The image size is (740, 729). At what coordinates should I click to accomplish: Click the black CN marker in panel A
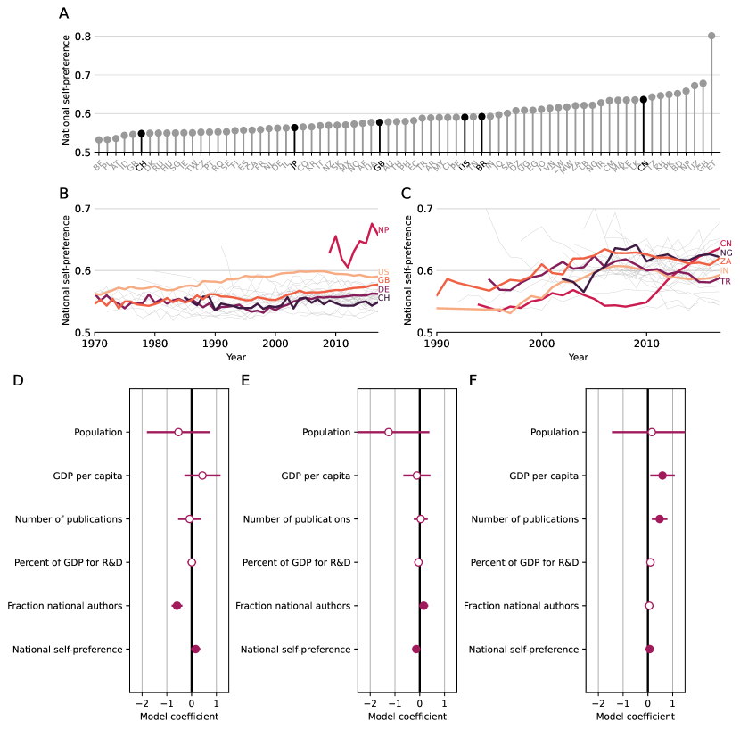pyautogui.click(x=644, y=99)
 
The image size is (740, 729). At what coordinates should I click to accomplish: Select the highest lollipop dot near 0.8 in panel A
pyautogui.click(x=711, y=37)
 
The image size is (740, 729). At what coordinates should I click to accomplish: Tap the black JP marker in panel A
pyautogui.click(x=294, y=128)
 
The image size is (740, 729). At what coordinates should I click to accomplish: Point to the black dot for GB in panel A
pyautogui.click(x=380, y=122)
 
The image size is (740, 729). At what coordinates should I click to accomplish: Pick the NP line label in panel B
pyautogui.click(x=383, y=230)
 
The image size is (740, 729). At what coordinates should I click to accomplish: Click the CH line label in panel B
pyautogui.click(x=383, y=298)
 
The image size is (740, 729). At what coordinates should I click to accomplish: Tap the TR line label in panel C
pyautogui.click(x=726, y=282)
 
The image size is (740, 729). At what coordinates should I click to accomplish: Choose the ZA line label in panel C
pyautogui.click(x=726, y=261)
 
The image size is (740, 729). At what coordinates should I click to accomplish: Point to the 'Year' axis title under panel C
pyautogui.click(x=578, y=357)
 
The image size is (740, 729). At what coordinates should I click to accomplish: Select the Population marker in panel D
pyautogui.click(x=178, y=432)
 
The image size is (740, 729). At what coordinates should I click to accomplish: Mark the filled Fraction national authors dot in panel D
pyautogui.click(x=177, y=606)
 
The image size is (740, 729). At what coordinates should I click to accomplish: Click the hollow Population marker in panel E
pyautogui.click(x=389, y=432)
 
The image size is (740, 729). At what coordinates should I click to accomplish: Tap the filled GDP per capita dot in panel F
pyautogui.click(x=662, y=476)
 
